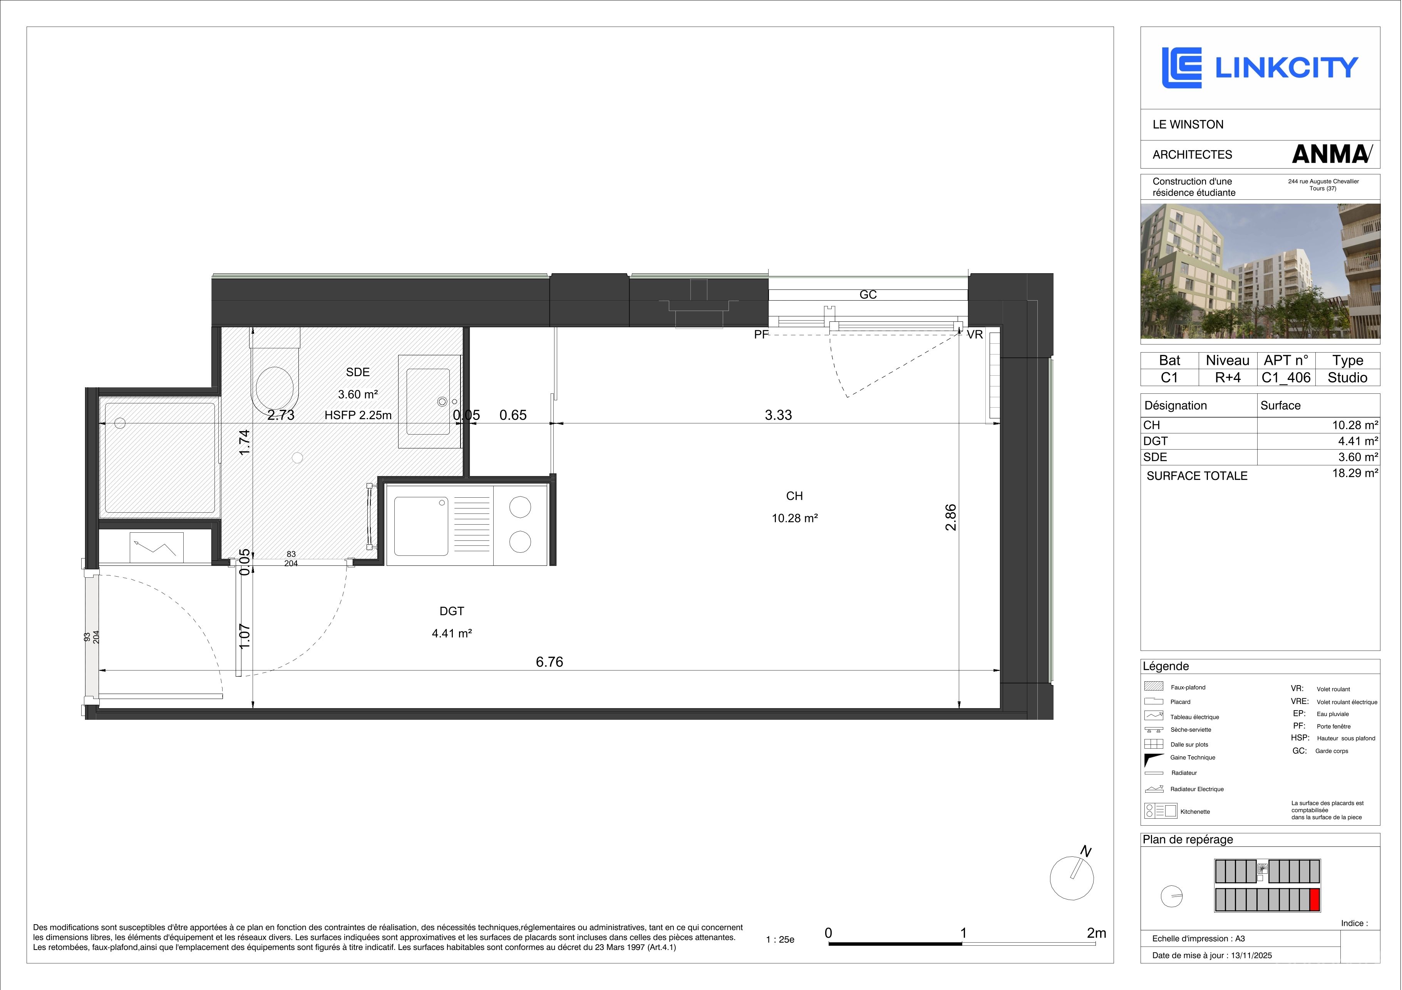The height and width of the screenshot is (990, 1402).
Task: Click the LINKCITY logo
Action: pyautogui.click(x=1260, y=68)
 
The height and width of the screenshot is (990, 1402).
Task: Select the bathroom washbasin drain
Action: pyautogui.click(x=442, y=401)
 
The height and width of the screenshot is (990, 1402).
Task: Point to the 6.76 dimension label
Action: pyautogui.click(x=549, y=662)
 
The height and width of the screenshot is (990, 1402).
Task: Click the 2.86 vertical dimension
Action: pyautogui.click(x=951, y=517)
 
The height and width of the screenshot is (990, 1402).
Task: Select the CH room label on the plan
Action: pyautogui.click(x=794, y=496)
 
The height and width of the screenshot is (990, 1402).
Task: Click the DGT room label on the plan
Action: pyautogui.click(x=452, y=611)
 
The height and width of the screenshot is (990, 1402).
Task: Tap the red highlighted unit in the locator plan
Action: pyautogui.click(x=1315, y=900)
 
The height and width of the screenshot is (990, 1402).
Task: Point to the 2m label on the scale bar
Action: pyautogui.click(x=1096, y=933)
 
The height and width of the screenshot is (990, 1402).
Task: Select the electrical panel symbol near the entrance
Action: pyautogui.click(x=156, y=547)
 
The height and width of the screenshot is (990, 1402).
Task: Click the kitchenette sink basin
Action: pyautogui.click(x=421, y=526)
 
